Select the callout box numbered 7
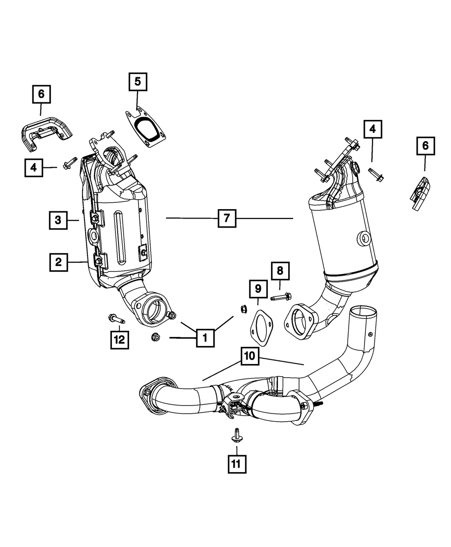click(x=226, y=219)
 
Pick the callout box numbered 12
click(x=119, y=340)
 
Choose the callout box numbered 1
click(x=205, y=337)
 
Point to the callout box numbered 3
click(x=58, y=220)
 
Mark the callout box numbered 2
click(x=59, y=262)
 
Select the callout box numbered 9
click(x=258, y=288)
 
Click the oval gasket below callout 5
click(x=144, y=126)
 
